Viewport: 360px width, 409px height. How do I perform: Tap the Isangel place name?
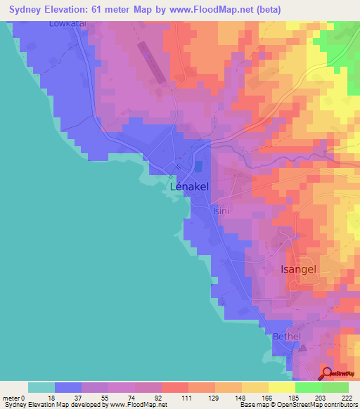point(309,269)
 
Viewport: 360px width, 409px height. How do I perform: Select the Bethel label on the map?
point(286,337)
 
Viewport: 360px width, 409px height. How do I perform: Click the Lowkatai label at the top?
point(67,23)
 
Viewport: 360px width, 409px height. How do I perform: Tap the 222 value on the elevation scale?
point(345,398)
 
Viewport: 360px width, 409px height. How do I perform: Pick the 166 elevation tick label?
point(266,398)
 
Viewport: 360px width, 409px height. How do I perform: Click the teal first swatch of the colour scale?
point(41,387)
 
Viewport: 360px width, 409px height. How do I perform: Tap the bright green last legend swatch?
point(335,387)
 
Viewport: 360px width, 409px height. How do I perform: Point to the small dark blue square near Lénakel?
point(198,166)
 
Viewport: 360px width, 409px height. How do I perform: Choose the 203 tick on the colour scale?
point(319,398)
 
